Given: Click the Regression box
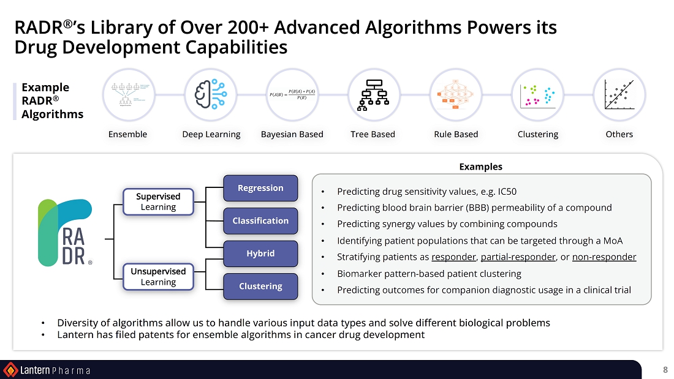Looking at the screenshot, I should click(x=260, y=188).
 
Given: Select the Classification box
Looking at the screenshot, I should click(x=260, y=220).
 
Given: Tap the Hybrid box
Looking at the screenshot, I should click(x=260, y=253).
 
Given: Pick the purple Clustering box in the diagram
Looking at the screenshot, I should click(x=260, y=286).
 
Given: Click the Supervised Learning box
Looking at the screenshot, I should click(x=158, y=201).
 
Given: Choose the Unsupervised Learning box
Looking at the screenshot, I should click(x=158, y=277).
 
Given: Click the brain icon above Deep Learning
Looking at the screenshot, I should click(x=210, y=95).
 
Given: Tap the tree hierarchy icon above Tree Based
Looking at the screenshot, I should click(x=373, y=95).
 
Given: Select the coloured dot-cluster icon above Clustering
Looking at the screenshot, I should click(x=537, y=95).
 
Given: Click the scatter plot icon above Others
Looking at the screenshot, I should click(x=619, y=95).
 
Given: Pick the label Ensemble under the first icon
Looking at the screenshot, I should click(x=127, y=134).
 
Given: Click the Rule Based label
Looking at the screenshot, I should click(x=456, y=134).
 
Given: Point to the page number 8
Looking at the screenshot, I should click(x=665, y=370).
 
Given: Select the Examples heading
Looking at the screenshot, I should click(x=481, y=167).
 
